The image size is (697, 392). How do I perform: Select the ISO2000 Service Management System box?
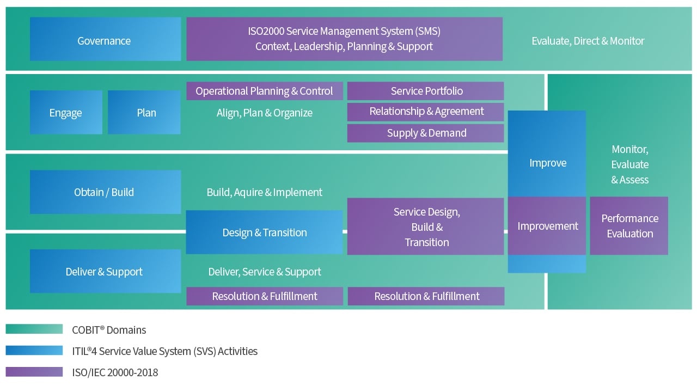344,39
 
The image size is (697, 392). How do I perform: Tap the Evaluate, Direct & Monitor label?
588,41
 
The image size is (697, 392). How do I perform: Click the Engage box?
66,113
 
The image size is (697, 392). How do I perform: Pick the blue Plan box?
144,113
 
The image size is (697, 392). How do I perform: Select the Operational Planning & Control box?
265,91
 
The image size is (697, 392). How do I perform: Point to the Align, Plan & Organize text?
265,113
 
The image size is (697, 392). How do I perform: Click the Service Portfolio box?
426,91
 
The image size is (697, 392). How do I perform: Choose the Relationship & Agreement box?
426,112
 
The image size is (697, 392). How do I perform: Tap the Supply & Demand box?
426,133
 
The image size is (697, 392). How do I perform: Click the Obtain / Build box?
105,192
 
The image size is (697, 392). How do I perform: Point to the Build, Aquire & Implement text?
265,192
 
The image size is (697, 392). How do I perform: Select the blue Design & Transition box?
265,232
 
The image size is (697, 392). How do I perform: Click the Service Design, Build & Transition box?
426,226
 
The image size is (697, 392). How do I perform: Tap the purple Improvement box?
547,226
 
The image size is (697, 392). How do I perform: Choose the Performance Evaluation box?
629,226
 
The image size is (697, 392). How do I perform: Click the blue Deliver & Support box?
105,272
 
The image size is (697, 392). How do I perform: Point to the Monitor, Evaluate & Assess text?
630,164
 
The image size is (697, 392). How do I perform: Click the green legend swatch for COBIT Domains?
34,329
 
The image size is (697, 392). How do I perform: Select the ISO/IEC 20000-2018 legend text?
115,373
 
